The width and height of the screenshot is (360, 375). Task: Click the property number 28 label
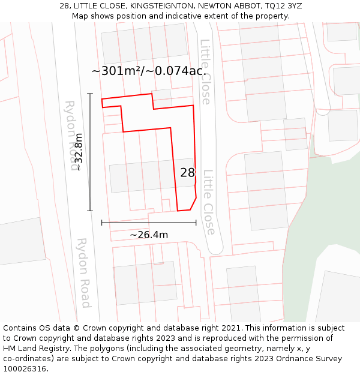coord(188,173)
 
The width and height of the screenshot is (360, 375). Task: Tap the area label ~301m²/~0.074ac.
coord(149,71)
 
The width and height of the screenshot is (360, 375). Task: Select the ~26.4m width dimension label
coord(149,235)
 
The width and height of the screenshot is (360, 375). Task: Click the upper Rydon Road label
coord(72,135)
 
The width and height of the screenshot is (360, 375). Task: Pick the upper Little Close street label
coord(205,72)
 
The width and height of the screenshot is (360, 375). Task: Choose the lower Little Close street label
coord(208,202)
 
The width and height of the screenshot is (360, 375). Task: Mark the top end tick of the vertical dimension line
coord(90,94)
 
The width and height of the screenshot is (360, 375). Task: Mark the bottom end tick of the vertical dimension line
coord(90,211)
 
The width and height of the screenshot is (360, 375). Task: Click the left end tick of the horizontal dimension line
coord(102,223)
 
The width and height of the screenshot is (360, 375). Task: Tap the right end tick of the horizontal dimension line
coord(196,223)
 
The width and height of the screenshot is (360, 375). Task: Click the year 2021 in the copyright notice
coord(229,328)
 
